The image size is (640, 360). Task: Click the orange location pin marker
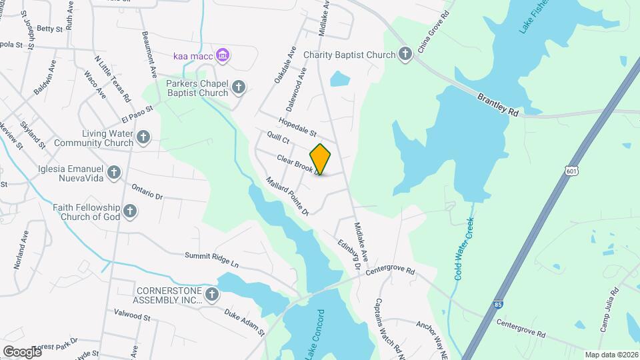320,159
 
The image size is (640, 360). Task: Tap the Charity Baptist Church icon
405,55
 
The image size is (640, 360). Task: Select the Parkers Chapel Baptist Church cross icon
238,87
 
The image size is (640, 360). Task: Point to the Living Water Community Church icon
143,137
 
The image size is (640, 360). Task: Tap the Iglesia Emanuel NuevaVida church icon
114,173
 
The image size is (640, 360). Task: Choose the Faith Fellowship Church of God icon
130,211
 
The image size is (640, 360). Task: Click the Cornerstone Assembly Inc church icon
212,294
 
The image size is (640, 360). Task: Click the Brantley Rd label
497,105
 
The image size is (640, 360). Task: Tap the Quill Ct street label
278,139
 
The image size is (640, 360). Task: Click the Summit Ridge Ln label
211,260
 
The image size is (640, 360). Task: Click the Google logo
22,351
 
